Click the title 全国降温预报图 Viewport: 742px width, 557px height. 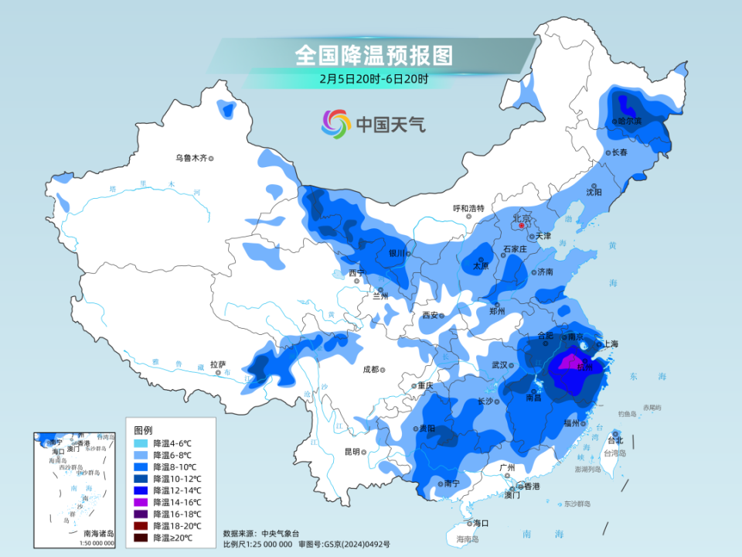[x=373, y=55]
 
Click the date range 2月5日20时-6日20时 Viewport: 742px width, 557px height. [x=373, y=78]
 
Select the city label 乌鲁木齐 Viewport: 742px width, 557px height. [x=191, y=158]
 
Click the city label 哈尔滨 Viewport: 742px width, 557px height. [x=628, y=121]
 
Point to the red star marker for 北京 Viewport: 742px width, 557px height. [x=522, y=226]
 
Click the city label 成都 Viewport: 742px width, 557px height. [x=371, y=369]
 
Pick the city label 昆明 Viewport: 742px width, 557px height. [x=352, y=452]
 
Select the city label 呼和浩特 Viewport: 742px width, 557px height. [x=468, y=208]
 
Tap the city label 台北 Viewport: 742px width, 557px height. [x=614, y=440]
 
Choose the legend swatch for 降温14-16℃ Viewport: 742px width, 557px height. [x=141, y=502]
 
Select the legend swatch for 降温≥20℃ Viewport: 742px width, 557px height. [x=141, y=537]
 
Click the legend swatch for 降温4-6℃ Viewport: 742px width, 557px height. [x=141, y=444]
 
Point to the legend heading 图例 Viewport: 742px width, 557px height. [x=143, y=429]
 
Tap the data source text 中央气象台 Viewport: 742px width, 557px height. [x=277, y=533]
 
